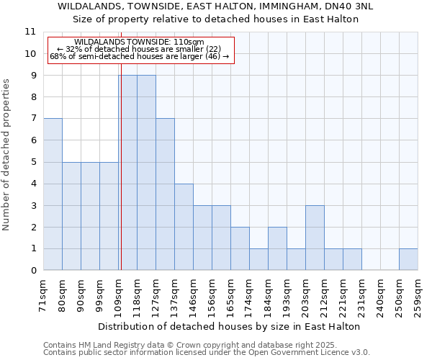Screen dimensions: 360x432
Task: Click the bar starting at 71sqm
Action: [x=53, y=194]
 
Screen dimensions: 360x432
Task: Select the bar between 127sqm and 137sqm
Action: [x=165, y=194]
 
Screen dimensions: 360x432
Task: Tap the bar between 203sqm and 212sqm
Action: [x=315, y=238]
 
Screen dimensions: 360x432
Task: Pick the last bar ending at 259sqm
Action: [x=408, y=259]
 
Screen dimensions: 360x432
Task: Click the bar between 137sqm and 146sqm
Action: [x=184, y=227]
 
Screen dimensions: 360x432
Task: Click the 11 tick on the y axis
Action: [x=30, y=32]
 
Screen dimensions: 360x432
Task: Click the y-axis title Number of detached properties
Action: [x=7, y=155]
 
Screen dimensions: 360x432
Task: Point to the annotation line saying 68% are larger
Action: [x=139, y=56]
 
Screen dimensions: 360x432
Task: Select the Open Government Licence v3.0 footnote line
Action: [x=207, y=352]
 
